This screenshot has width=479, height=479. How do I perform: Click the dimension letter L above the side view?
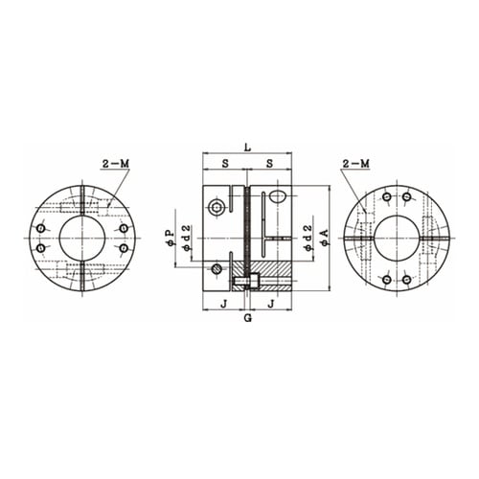[247, 148]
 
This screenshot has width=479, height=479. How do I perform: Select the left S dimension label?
[225, 164]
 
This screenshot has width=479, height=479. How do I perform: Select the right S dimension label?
[270, 164]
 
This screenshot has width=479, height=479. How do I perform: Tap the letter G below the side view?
[248, 318]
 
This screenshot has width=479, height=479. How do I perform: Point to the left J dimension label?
[223, 304]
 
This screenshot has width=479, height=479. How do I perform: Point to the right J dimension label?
[271, 304]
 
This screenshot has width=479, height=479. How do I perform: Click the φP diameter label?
[171, 238]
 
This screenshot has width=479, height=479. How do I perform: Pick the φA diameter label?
[325, 238]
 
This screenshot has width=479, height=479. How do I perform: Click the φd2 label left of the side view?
[187, 238]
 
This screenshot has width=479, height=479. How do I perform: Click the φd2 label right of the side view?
[308, 238]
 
